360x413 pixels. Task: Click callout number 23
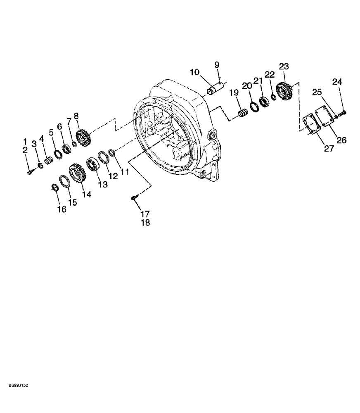coord(284,66)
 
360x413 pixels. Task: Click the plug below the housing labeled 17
coord(133,199)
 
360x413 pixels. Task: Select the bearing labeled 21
coord(263,102)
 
